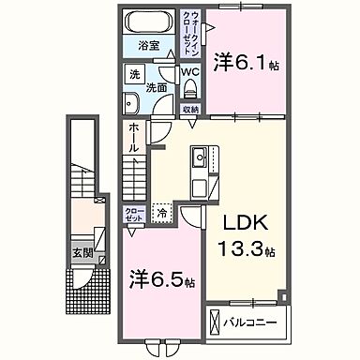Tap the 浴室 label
click(x=149, y=45)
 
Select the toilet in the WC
click(x=190, y=88)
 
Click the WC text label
click(x=188, y=71)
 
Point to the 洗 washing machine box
click(x=135, y=73)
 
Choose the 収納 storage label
click(x=191, y=109)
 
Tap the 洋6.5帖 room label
click(x=160, y=280)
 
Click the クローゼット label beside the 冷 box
click(x=134, y=213)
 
